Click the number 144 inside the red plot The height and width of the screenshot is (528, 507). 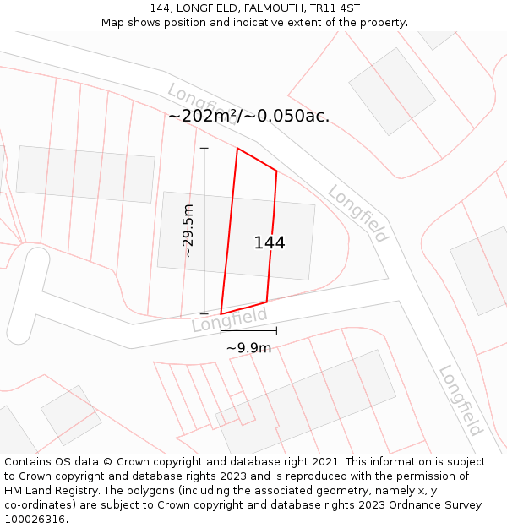tap(270, 242)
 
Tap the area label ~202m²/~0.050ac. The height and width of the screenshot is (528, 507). tap(248, 117)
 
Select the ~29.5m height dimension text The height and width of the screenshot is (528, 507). tap(188, 231)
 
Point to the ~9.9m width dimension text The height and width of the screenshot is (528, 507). tap(248, 347)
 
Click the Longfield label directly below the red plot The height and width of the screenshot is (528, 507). tap(229, 319)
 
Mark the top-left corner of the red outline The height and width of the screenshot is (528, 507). tap(237, 149)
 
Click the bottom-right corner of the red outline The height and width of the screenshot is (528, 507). tap(267, 302)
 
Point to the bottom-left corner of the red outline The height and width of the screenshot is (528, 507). tap(221, 313)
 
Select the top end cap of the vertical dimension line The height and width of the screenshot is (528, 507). tap(204, 149)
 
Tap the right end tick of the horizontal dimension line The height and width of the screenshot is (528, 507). tap(276, 330)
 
